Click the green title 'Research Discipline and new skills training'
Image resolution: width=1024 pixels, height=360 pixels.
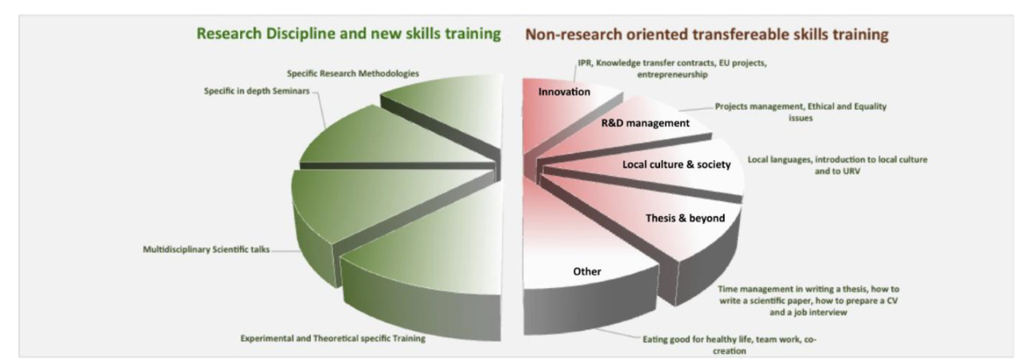(348, 34)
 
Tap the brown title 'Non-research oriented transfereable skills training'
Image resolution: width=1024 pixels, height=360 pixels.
(706, 34)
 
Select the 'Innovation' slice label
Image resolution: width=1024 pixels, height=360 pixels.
(564, 92)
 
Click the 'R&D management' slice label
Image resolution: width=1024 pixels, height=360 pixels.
(645, 123)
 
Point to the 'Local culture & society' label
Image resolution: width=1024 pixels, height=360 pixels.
(677, 165)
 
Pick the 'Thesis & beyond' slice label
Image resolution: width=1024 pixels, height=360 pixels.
(686, 218)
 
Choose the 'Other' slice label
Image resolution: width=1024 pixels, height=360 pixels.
(587, 271)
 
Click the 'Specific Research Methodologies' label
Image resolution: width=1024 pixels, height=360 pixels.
(353, 73)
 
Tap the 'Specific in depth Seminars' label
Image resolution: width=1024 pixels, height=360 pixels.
(257, 91)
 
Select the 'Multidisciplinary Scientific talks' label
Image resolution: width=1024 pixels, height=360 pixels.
(206, 250)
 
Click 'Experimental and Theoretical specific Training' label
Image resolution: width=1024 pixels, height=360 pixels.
(333, 338)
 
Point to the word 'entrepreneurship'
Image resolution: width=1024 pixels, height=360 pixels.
(672, 74)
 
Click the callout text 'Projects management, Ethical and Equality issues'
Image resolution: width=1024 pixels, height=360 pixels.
(801, 112)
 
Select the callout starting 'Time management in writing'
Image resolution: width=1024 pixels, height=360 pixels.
(808, 301)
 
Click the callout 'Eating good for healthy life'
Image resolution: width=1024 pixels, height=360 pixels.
(729, 345)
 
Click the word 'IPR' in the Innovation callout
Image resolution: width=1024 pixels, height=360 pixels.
(584, 62)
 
